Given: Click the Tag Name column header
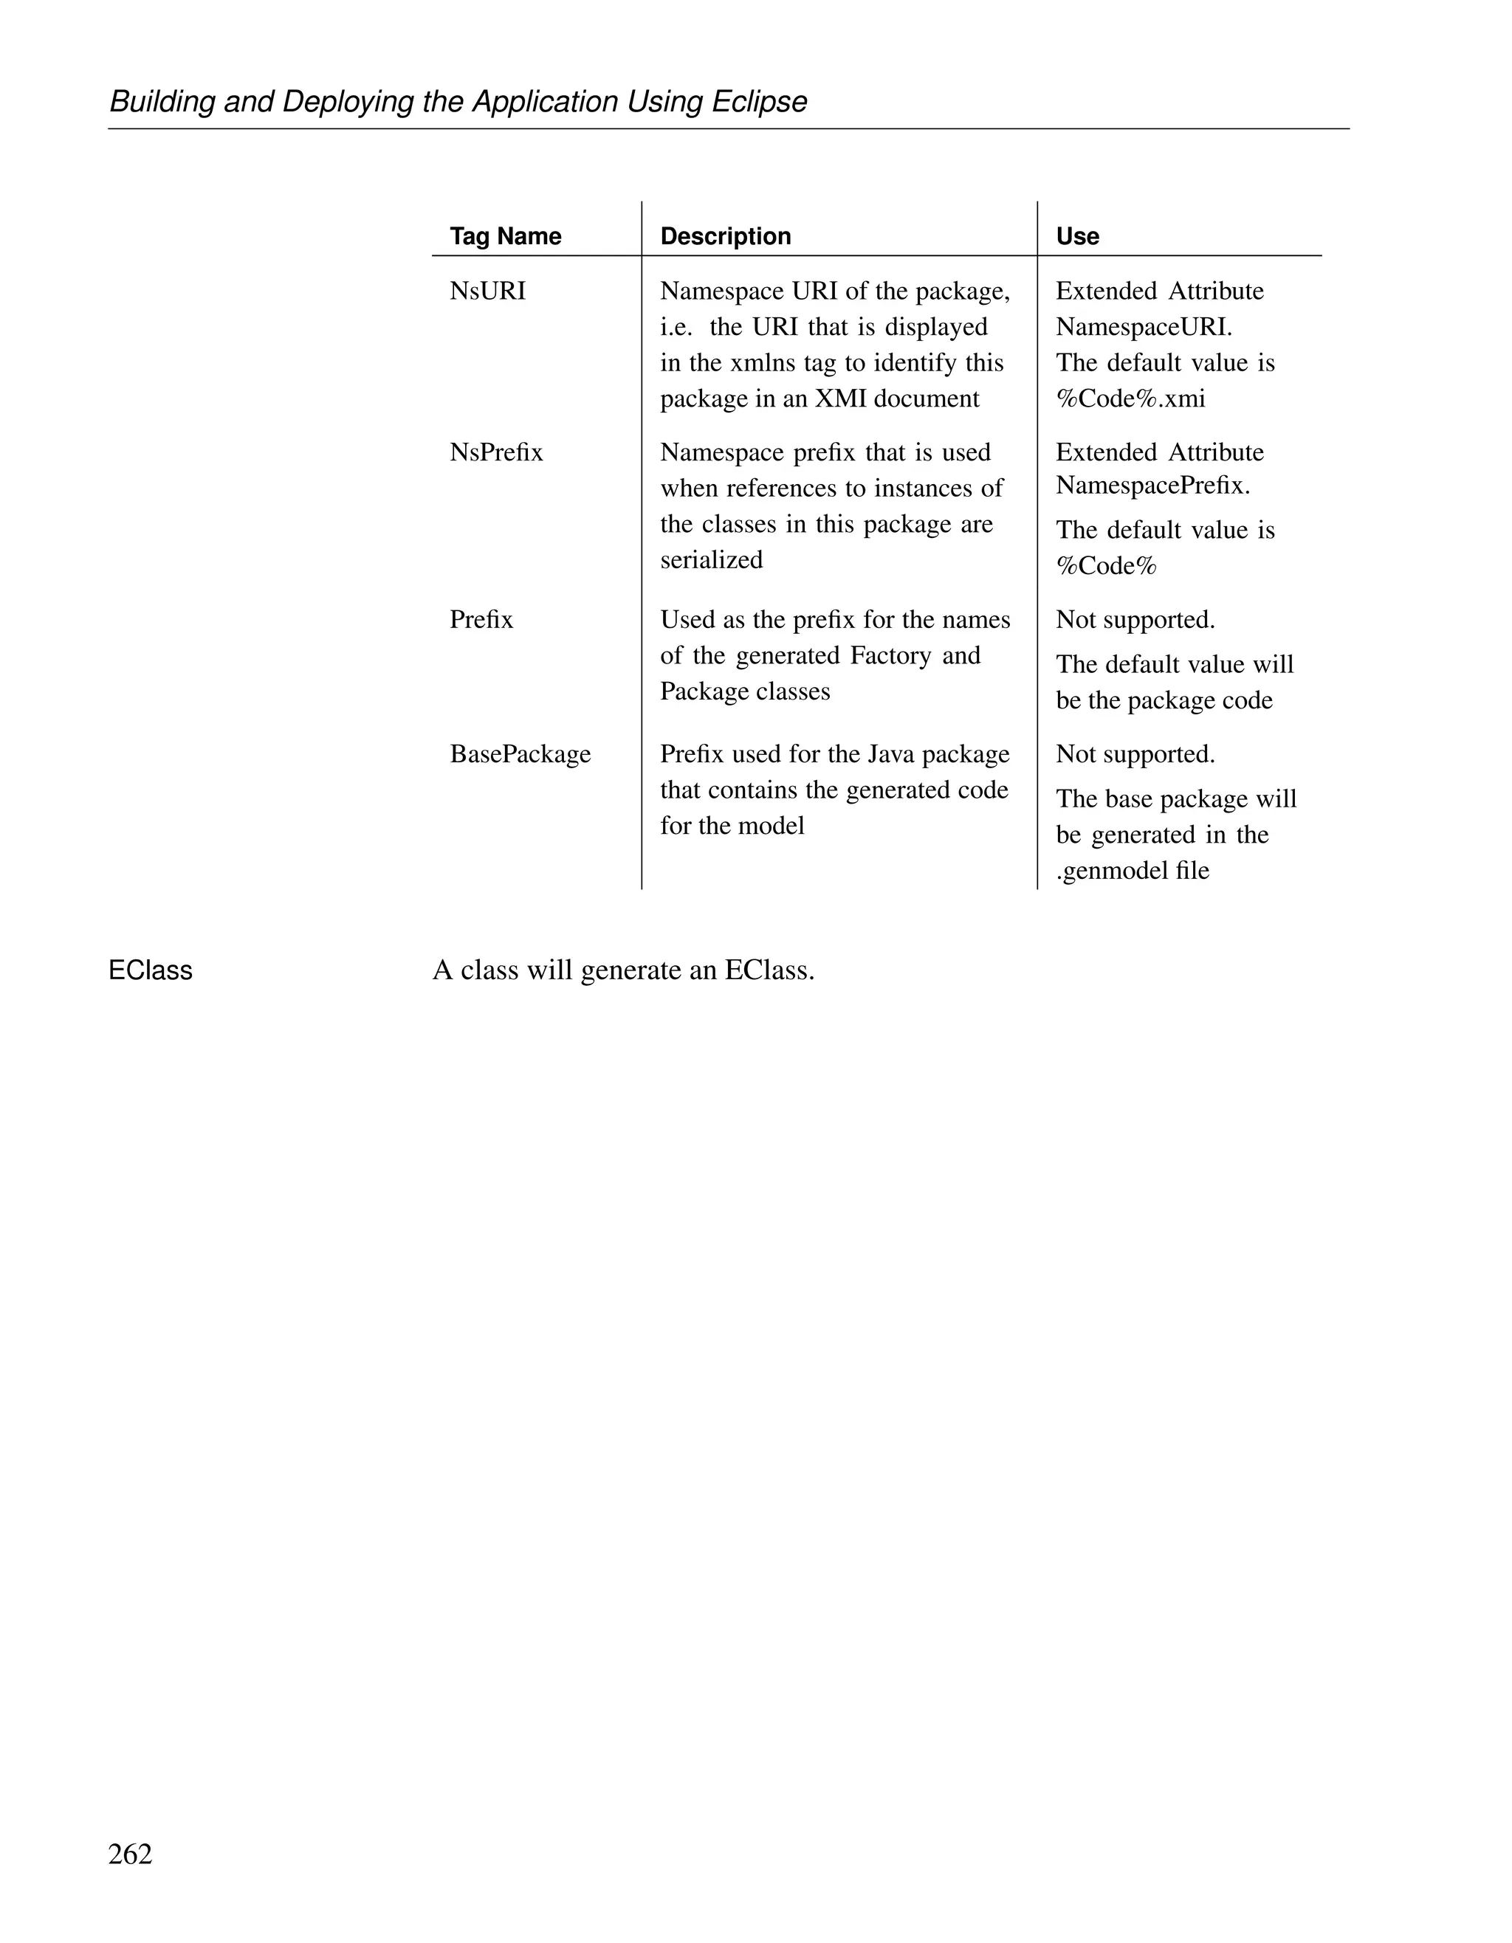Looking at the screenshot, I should pos(506,237).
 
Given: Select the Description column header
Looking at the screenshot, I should pos(725,237).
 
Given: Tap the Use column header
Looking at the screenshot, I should pos(1077,237).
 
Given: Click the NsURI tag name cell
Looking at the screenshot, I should pos(488,291).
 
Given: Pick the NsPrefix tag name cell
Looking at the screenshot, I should pos(495,453).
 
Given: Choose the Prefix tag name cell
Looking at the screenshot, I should pos(481,620).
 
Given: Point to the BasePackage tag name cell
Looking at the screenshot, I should pos(520,754).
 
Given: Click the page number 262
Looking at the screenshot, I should pos(130,1854).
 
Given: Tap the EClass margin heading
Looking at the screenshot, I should pos(151,970).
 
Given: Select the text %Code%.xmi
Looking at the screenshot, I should pos(1130,398).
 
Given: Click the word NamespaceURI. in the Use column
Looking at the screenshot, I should pos(1144,328).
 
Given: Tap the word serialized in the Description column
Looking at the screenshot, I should pos(711,561).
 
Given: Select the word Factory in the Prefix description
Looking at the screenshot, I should pos(891,656).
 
